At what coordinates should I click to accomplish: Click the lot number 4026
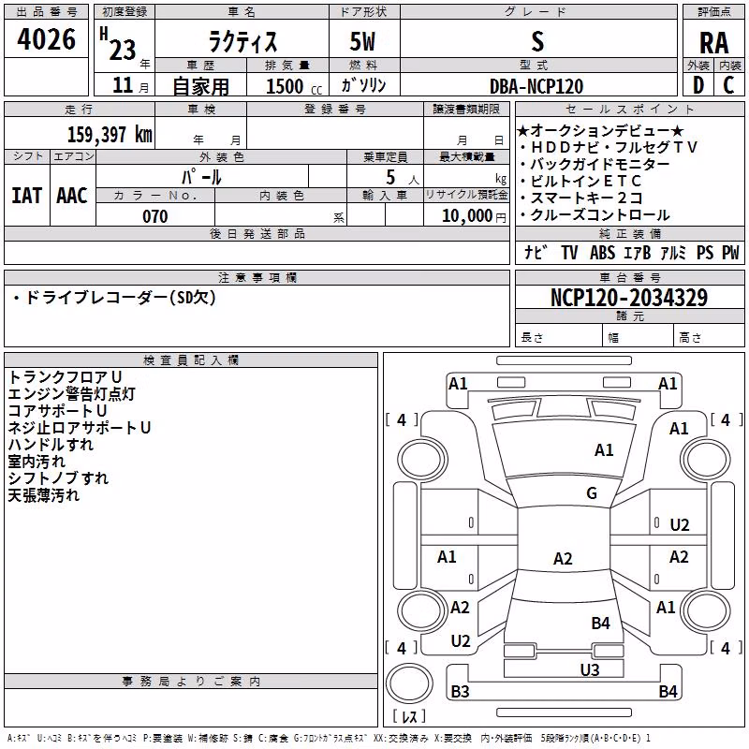(46, 39)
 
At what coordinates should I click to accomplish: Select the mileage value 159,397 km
(110, 134)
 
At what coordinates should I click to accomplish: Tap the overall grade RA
(714, 43)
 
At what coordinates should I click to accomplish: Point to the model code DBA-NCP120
(536, 86)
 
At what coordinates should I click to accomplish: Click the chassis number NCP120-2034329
(629, 297)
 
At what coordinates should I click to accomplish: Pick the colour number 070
(155, 216)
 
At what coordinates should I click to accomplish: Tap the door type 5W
(362, 41)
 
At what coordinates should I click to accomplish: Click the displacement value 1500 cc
(294, 86)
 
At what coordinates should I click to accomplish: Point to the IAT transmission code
(27, 196)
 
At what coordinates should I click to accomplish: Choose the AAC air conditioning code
(72, 196)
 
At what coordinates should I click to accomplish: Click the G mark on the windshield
(592, 492)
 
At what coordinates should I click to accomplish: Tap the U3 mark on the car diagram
(590, 669)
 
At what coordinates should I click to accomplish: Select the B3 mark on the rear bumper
(460, 691)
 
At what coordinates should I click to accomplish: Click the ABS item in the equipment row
(602, 253)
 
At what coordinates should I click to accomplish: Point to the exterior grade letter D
(698, 85)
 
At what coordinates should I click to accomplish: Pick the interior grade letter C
(728, 85)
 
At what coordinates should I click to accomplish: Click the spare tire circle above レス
(409, 683)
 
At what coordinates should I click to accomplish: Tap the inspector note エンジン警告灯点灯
(72, 394)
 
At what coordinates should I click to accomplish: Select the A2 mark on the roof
(563, 558)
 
